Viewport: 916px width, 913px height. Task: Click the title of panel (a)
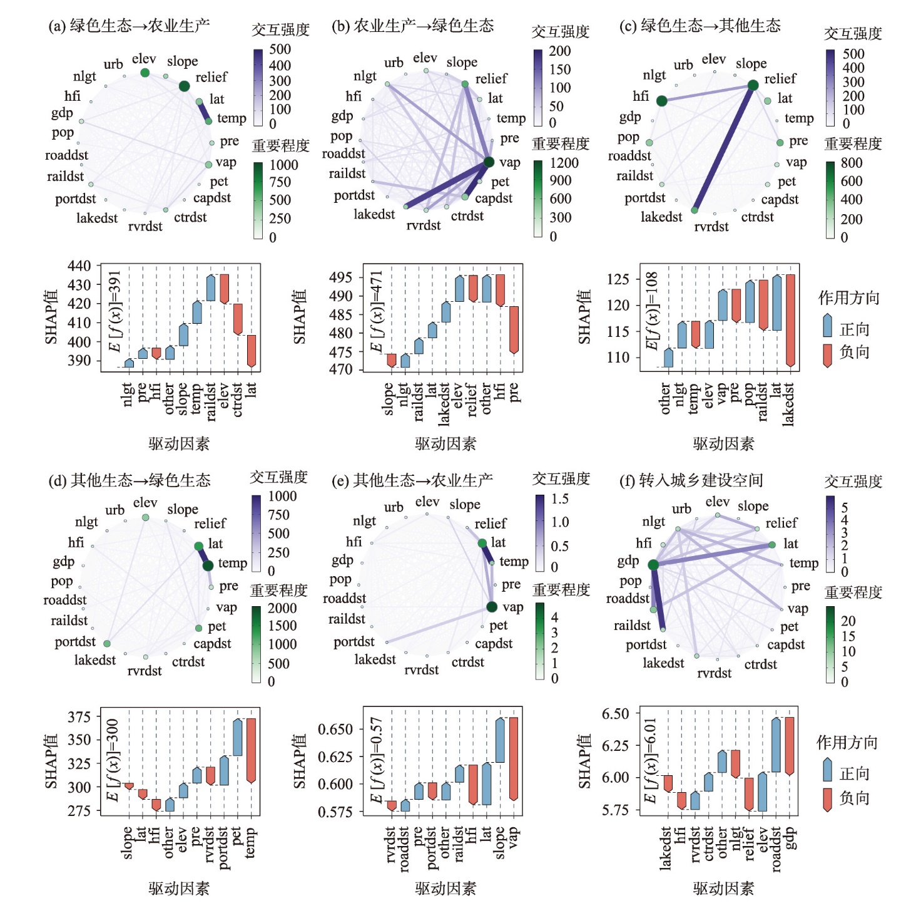tap(129, 26)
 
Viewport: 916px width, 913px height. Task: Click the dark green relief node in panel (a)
tap(184, 86)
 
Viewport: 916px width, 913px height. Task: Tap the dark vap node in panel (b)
tap(489, 162)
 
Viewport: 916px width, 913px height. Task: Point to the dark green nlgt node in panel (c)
tap(661, 100)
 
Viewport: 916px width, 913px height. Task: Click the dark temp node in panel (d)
tap(208, 565)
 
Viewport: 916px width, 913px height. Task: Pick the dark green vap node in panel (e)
tap(492, 606)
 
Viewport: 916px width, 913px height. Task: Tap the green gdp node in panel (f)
tap(653, 565)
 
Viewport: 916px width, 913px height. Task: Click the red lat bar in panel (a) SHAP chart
tap(252, 351)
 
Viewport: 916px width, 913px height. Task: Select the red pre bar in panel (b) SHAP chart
tap(514, 330)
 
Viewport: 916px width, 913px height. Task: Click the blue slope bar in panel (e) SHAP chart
tap(500, 740)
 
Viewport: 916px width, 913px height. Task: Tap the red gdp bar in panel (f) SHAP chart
tap(790, 746)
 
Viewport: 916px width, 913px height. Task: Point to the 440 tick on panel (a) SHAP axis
tap(79, 266)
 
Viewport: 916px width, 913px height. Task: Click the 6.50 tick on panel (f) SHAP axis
tap(615, 714)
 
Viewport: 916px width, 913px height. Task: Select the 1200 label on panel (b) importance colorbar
tap(564, 163)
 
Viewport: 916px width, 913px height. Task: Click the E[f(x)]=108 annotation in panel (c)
tap(652, 311)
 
